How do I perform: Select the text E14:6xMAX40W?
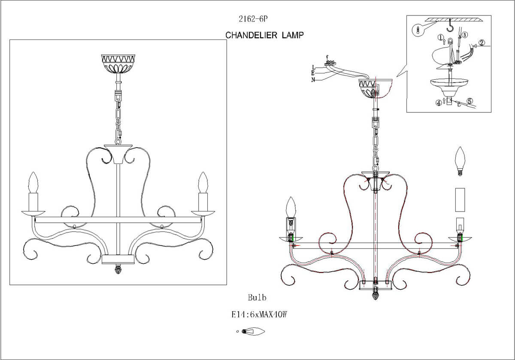point(259,315)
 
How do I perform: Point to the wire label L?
point(314,67)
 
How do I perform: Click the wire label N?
point(314,80)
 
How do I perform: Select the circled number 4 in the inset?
point(439,103)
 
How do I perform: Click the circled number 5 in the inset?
point(470,102)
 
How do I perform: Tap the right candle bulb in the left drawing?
point(203,182)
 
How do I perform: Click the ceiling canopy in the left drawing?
point(118,63)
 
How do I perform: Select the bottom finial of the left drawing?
point(118,270)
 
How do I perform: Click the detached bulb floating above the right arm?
point(460,161)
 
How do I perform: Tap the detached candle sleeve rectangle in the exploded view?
point(460,200)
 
